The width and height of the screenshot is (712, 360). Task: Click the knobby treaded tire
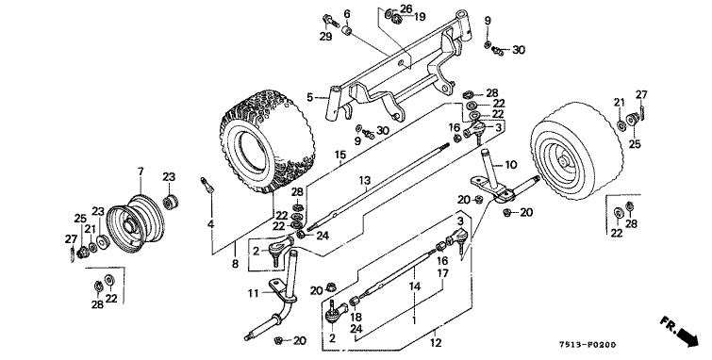(268, 140)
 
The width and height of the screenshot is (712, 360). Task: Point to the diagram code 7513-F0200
(589, 346)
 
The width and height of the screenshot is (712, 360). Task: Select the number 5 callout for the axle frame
(309, 97)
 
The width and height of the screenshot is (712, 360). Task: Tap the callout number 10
(511, 164)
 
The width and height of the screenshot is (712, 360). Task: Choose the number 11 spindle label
(253, 293)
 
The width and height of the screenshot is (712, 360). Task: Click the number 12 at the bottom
(436, 343)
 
